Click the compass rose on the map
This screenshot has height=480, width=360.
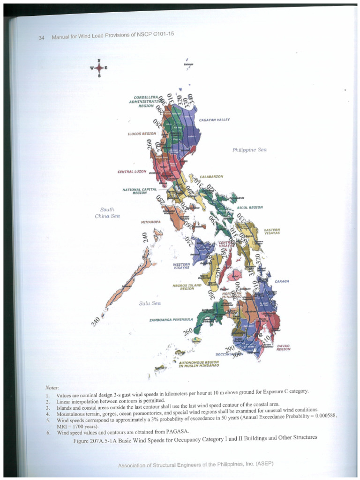(x=99, y=68)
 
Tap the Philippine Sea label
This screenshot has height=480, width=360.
(x=249, y=150)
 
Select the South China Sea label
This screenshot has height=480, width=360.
(x=107, y=213)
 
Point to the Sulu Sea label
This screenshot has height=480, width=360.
(x=150, y=303)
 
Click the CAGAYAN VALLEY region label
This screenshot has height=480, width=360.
(x=214, y=120)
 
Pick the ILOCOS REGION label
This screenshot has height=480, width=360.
(x=142, y=134)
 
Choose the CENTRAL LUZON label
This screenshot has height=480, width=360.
(x=132, y=172)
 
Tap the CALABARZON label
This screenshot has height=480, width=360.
(x=211, y=176)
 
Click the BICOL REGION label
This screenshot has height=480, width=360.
(x=250, y=207)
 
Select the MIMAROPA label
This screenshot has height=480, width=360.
(x=151, y=222)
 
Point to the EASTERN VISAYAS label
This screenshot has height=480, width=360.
(x=272, y=231)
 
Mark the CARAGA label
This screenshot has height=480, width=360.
(x=282, y=281)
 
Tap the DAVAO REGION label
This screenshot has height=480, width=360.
(x=284, y=347)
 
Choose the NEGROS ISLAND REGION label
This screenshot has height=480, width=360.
(x=187, y=287)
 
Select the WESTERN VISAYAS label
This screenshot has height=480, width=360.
(x=181, y=266)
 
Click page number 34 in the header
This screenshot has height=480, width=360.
(x=41, y=38)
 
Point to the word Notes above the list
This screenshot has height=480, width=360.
(x=52, y=388)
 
